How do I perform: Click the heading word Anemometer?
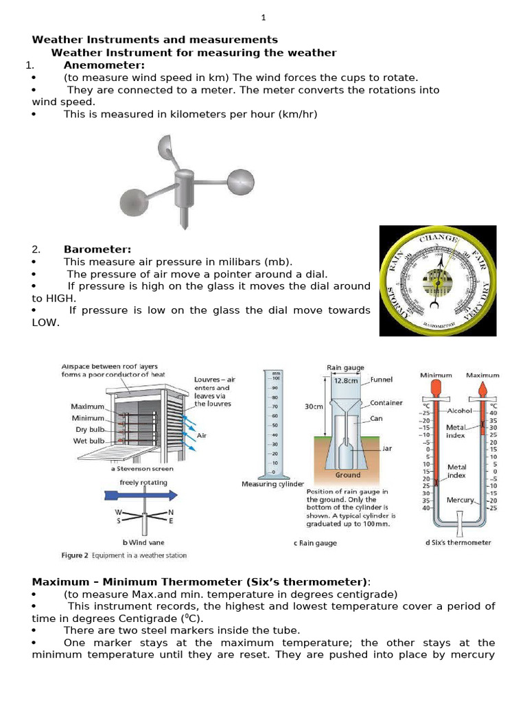click(104, 65)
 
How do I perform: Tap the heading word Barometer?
click(97, 249)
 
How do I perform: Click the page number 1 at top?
click(263, 18)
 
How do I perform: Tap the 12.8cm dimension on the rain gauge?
click(347, 380)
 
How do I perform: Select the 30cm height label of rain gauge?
click(314, 406)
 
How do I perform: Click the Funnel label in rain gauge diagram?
click(382, 379)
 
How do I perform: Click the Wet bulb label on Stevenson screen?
click(89, 441)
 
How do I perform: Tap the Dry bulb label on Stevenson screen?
click(89, 429)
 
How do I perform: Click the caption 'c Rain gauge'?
click(315, 542)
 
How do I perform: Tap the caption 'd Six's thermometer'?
click(458, 542)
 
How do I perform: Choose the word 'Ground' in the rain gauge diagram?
click(347, 474)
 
